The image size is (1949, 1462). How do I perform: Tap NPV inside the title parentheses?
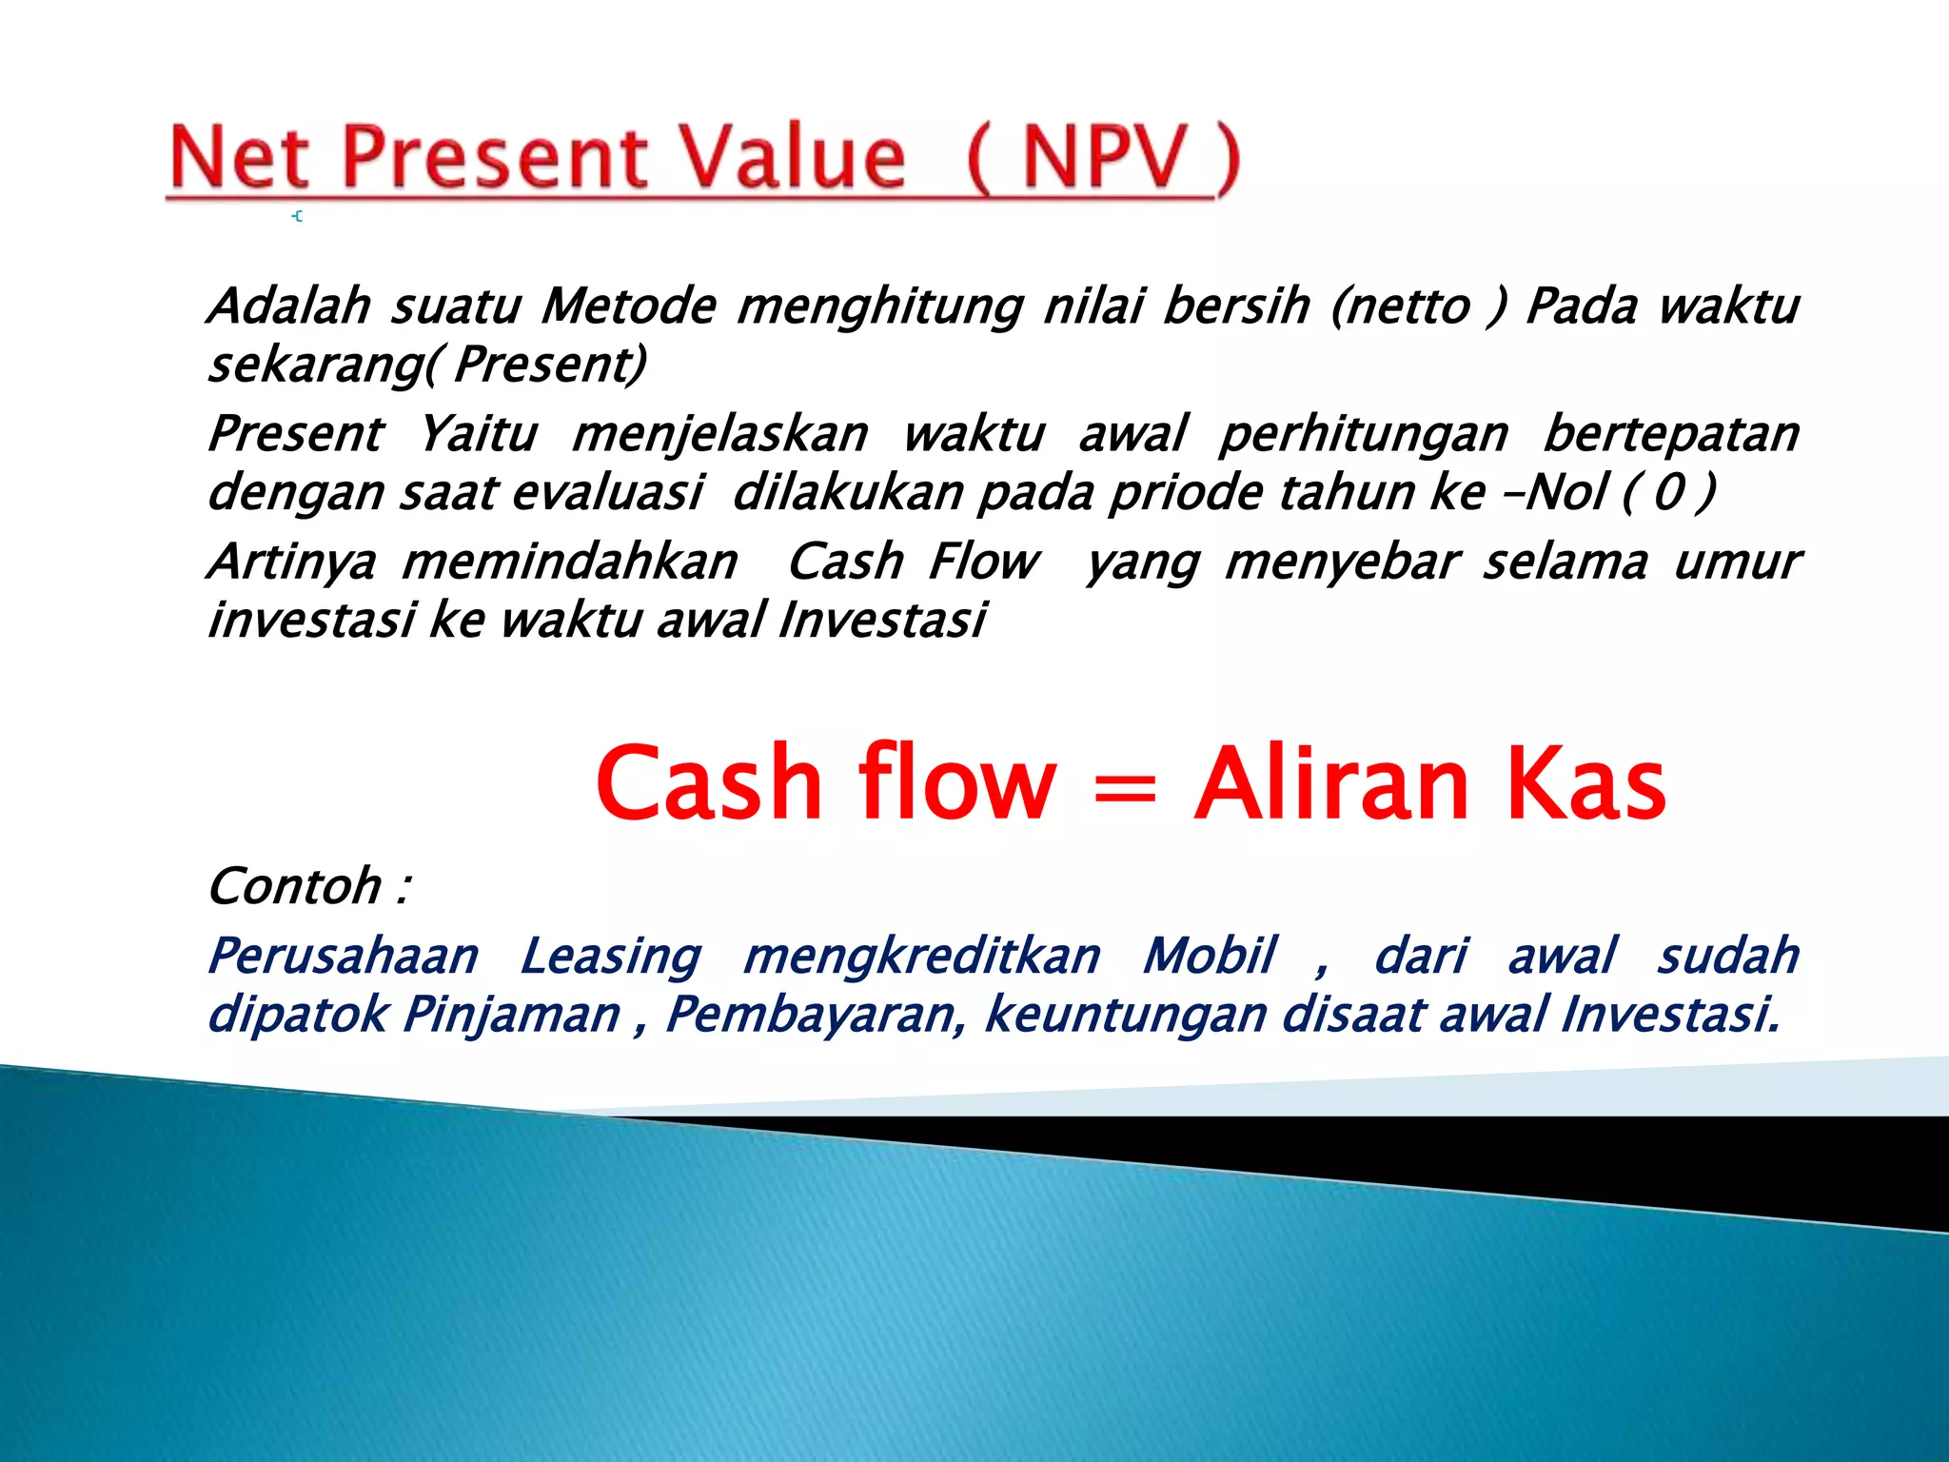coord(1104,157)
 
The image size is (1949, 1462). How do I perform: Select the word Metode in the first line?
coord(628,306)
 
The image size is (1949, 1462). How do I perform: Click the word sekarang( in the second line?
coord(324,365)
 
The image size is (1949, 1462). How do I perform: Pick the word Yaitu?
coord(479,434)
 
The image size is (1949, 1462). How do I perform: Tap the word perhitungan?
coord(1364,436)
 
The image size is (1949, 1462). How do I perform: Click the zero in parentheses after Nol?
coord(1668,493)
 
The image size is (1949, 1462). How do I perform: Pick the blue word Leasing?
coord(610,957)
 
